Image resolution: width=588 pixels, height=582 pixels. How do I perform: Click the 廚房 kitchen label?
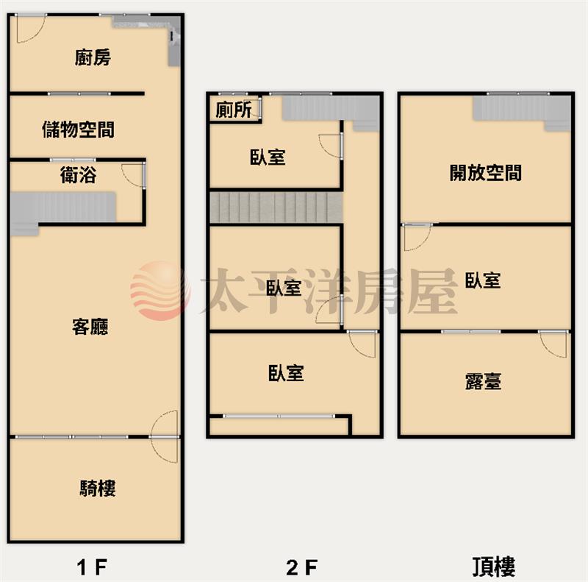pos(93,57)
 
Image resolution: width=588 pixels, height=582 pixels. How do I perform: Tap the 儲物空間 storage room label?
pos(78,129)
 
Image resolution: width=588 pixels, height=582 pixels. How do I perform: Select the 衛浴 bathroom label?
pos(78,175)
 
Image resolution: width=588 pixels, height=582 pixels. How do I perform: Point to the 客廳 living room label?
pos(90,326)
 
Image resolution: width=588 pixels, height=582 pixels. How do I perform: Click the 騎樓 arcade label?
pos(98,488)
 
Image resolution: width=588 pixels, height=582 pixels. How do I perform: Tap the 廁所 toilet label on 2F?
pos(234,110)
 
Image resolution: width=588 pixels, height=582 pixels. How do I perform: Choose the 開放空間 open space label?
pos(486,173)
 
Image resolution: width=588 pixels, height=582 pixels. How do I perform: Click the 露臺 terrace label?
pos(483,380)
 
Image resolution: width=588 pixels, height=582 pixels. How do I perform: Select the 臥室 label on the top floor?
pos(483,280)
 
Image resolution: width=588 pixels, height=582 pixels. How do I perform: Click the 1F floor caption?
pos(93,567)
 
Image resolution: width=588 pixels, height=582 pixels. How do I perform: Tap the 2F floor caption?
pos(302,567)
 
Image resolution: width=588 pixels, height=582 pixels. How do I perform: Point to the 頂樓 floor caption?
pos(493,567)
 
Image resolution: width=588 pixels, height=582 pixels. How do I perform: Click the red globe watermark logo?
pos(160,291)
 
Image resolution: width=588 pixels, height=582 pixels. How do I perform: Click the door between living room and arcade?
pos(165,437)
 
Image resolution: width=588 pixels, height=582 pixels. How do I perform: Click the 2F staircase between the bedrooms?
pos(276,207)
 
